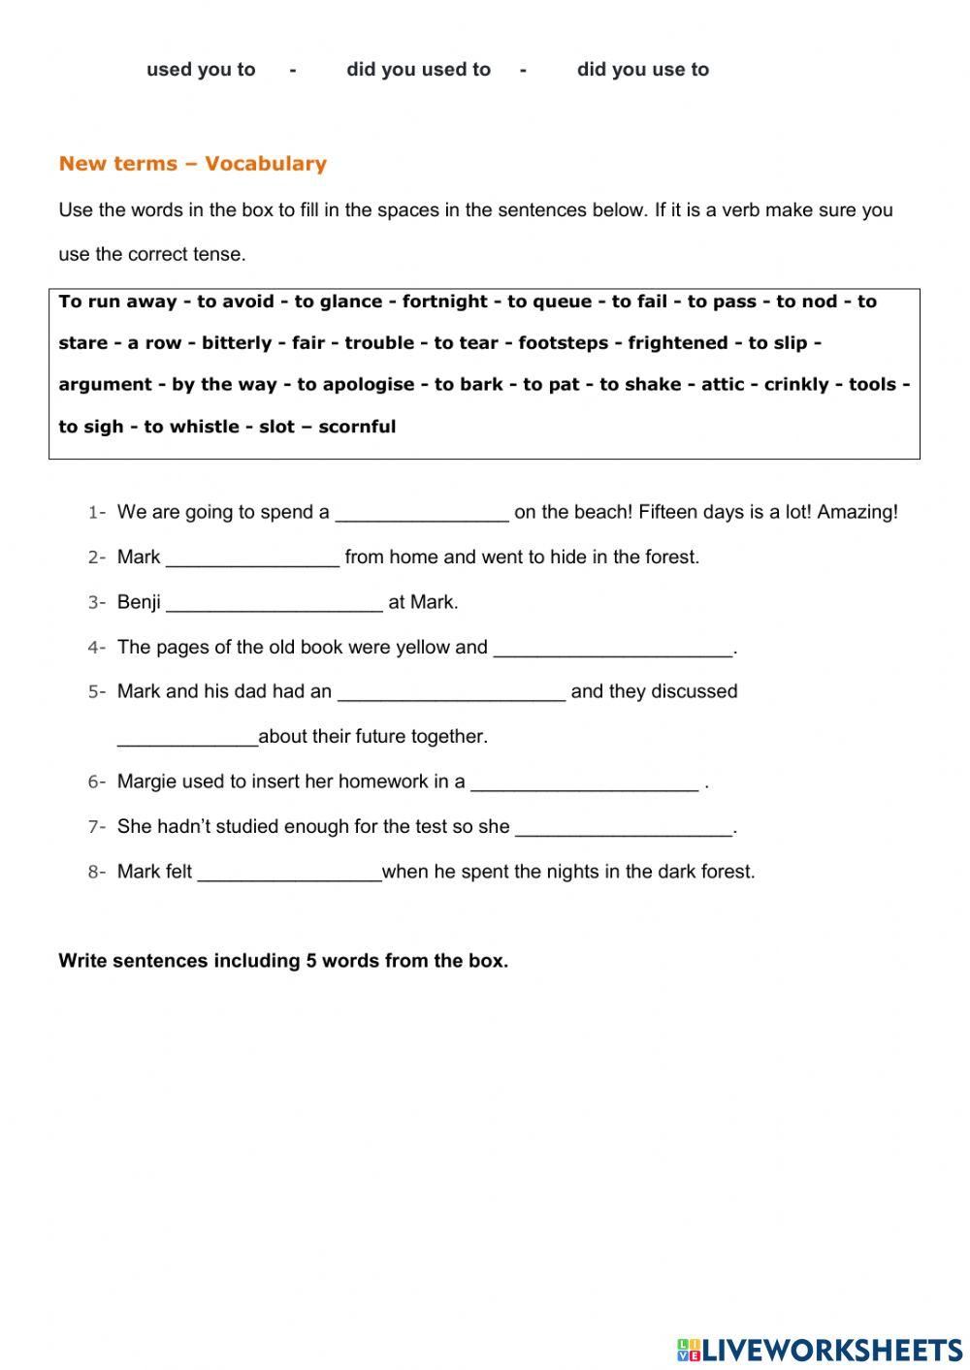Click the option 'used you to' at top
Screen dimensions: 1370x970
(201, 70)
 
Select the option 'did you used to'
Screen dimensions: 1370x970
(418, 70)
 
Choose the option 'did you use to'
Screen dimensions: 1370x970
(642, 70)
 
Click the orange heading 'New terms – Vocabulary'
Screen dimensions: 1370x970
(193, 164)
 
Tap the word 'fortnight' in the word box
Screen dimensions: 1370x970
(447, 302)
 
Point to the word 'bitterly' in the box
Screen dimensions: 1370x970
(237, 343)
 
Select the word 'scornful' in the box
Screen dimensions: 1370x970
(357, 427)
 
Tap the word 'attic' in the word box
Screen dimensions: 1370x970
(723, 385)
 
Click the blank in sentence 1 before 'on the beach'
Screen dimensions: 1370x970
(422, 514)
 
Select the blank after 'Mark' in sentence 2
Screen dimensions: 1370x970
(252, 558)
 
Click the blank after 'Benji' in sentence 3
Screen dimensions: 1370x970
(275, 604)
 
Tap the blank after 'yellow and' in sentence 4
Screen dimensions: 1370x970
(613, 649)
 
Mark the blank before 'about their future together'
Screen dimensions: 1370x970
(187, 738)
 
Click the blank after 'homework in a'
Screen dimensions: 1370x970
(584, 783)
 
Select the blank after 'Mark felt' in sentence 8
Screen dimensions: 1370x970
(289, 874)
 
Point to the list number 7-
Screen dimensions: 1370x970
(96, 827)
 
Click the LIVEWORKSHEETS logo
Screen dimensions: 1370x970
(819, 1349)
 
